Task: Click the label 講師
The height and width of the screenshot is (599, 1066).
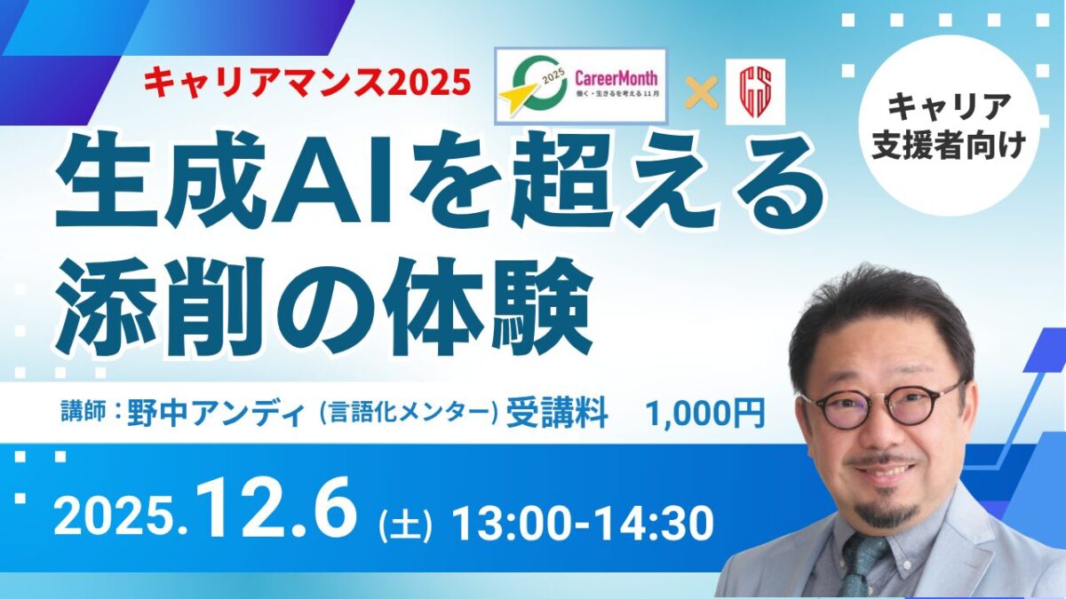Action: tap(81, 413)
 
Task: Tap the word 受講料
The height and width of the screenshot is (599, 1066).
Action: tap(556, 414)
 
